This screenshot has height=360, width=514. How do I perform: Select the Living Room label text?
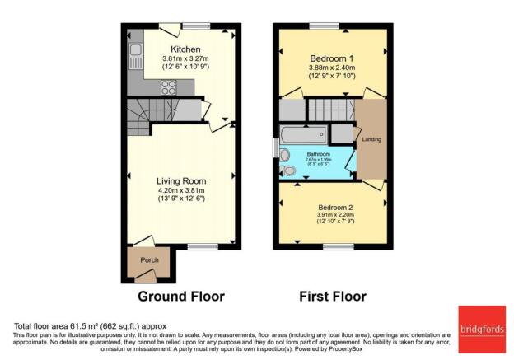coord(182,181)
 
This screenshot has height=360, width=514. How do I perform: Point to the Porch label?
coord(149,260)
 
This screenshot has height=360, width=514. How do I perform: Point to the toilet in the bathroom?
coord(288,171)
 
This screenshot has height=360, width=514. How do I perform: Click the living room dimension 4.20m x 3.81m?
coord(182,191)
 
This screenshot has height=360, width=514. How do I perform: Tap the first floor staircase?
coord(329,109)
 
